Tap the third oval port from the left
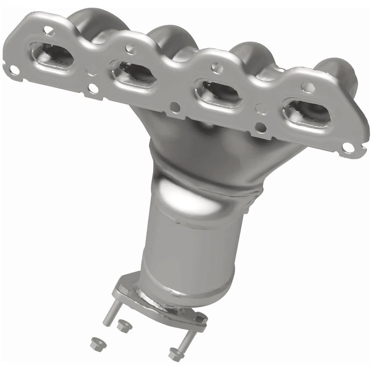click(x=218, y=93)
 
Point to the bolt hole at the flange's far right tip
click(x=347, y=147)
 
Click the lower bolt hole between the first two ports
click(x=93, y=88)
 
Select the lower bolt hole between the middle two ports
click(x=175, y=107)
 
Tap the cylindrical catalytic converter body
click(x=189, y=251)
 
